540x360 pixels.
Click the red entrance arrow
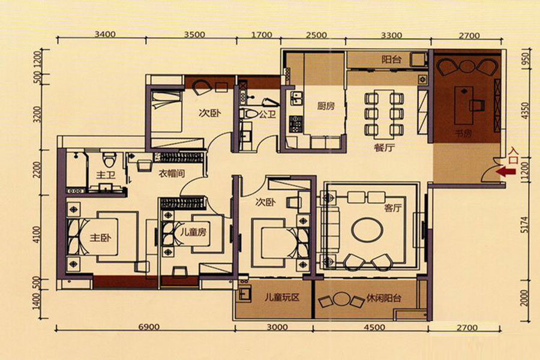coord(506,172)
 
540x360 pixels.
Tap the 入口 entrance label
coord(513,156)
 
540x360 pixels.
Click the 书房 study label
coord(463,133)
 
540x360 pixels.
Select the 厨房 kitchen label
coord(326,106)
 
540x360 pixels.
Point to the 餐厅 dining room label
coord(385,148)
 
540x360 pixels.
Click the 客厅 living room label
coord(393,208)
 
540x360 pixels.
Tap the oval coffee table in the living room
coord(367,229)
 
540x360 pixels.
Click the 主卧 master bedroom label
coord(100,238)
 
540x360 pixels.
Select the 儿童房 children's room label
coord(193,232)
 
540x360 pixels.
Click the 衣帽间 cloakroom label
coord(171,173)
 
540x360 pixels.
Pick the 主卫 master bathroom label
coord(106,175)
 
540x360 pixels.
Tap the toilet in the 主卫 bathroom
coord(110,158)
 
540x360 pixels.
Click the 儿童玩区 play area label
coord(282,298)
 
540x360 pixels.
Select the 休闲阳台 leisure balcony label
coord(383,298)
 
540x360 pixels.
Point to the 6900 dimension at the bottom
coord(149,326)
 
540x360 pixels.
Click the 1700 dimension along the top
coord(262,35)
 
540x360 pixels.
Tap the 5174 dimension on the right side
coord(524,224)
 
